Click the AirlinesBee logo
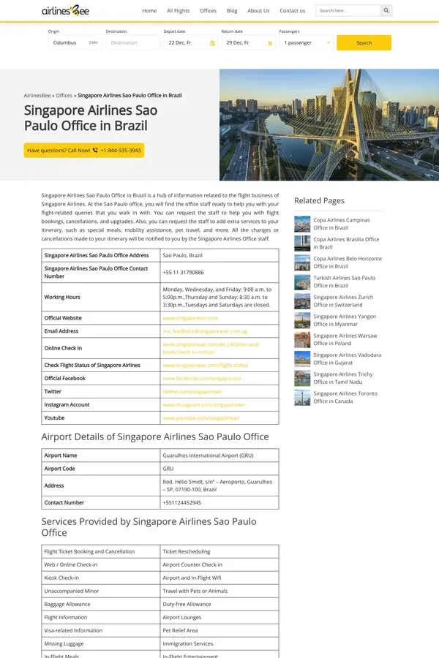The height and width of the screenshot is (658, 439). tap(66, 10)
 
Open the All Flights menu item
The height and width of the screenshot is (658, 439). tap(178, 11)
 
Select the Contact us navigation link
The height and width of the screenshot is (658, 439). tap(292, 11)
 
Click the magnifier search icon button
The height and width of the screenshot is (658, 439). tap(386, 11)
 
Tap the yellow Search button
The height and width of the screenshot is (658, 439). tap(364, 43)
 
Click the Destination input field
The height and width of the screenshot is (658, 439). tap(132, 43)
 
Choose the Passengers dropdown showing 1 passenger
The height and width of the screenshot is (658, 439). tap(307, 43)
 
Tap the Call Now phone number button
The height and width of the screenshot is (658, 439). tap(84, 150)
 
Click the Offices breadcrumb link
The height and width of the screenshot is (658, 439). tap(64, 96)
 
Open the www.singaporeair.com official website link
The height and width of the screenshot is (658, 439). tap(190, 318)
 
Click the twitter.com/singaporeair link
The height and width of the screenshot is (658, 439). tap(192, 392)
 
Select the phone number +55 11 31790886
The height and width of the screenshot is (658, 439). tap(183, 272)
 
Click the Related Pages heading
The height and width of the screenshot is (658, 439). tap(319, 200)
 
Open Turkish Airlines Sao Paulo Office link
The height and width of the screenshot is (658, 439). tap(344, 281)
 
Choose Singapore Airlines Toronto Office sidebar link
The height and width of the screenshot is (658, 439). tap(345, 397)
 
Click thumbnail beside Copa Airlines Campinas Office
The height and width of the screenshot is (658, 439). tap(302, 224)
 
